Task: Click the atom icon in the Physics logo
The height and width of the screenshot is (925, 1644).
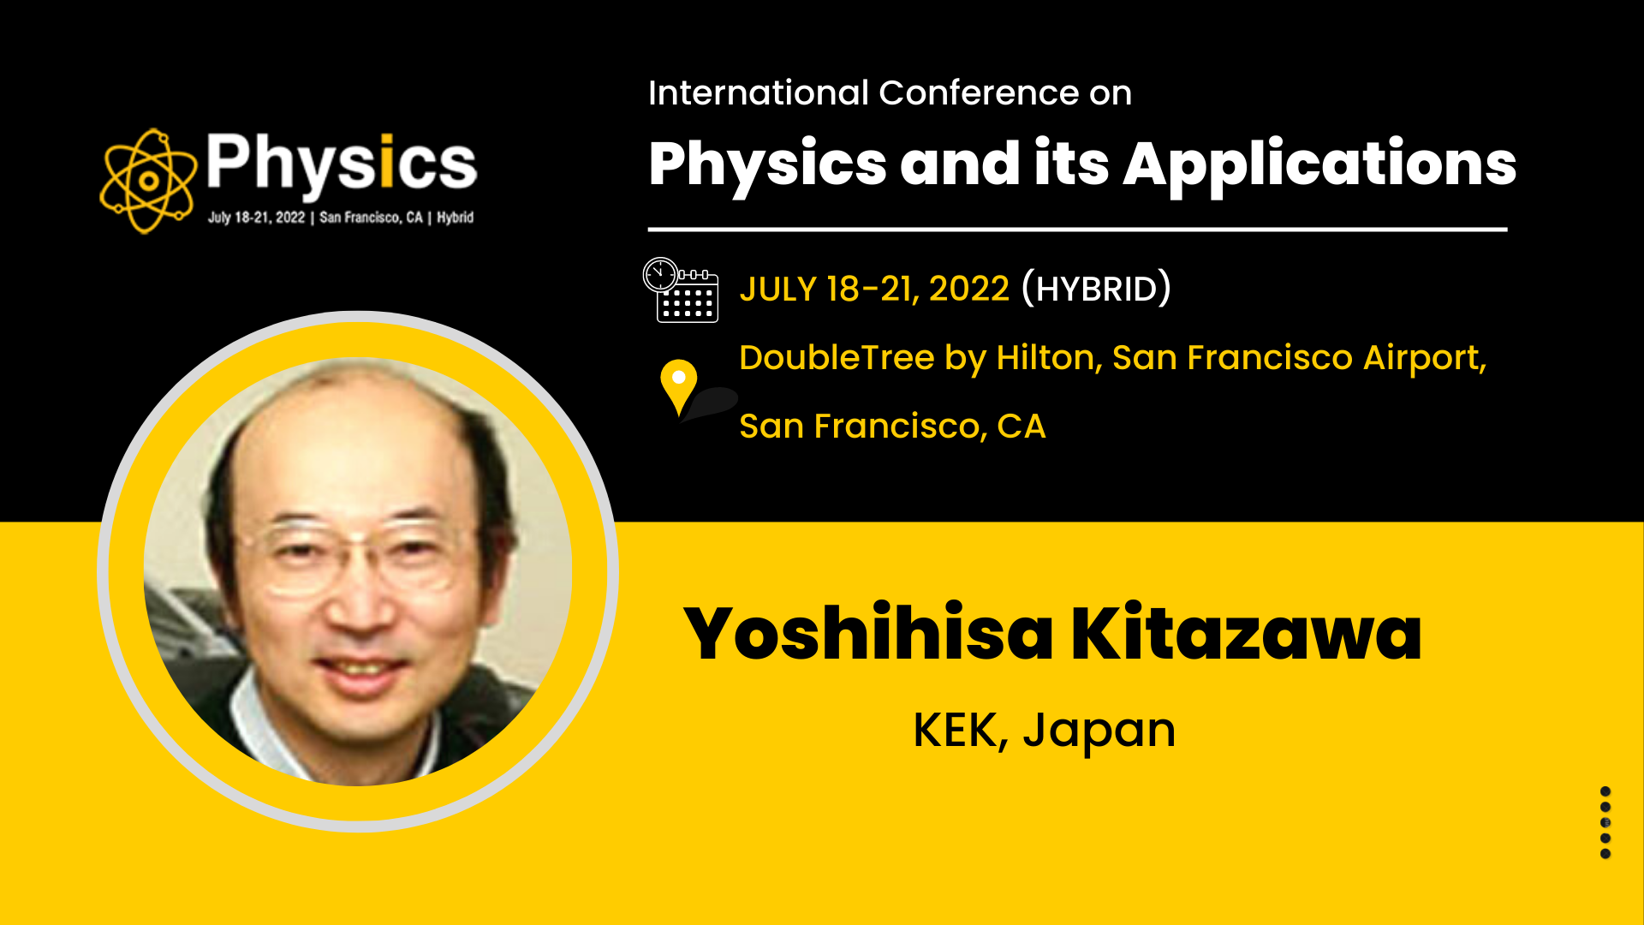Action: click(x=147, y=181)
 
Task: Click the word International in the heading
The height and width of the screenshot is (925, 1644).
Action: click(x=759, y=92)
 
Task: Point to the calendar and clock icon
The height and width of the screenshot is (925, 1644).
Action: click(x=681, y=289)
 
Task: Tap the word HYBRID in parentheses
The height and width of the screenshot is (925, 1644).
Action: click(x=1097, y=289)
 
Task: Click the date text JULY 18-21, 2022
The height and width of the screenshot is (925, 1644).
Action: click(x=874, y=289)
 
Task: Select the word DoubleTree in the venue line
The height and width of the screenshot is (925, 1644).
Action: click(x=837, y=357)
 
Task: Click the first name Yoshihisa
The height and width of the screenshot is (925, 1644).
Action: click(x=868, y=633)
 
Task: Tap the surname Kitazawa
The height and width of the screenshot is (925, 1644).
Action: click(x=1247, y=633)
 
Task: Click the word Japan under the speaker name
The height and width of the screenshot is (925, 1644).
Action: click(x=1099, y=733)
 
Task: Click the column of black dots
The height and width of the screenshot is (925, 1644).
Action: click(x=1605, y=822)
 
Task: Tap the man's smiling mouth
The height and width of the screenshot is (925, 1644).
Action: click(x=364, y=668)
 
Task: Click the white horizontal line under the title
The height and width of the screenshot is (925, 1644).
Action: click(x=1077, y=230)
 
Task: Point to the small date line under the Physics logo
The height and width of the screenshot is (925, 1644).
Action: click(x=341, y=218)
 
